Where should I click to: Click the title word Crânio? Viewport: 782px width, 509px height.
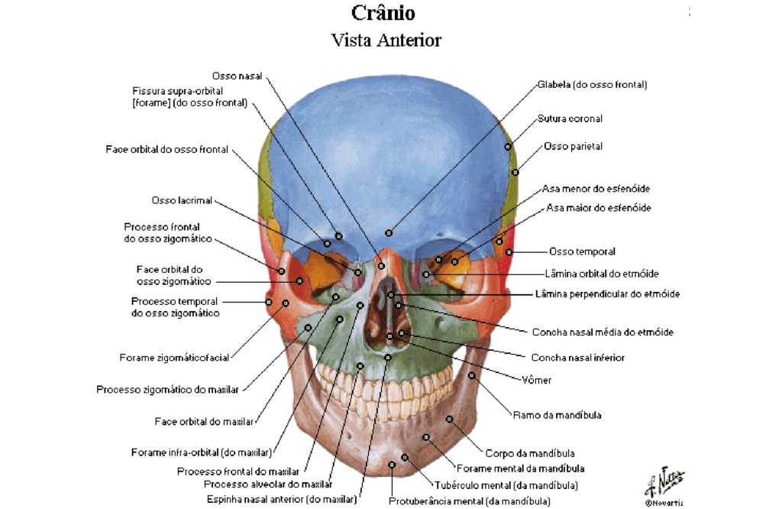coord(383,13)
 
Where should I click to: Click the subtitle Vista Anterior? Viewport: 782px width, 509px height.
coord(386,41)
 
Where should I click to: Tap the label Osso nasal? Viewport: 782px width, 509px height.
coord(238,76)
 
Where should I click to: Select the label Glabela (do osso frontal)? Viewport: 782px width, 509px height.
coord(592,85)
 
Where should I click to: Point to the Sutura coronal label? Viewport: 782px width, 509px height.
coord(570,118)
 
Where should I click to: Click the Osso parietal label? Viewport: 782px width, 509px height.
coord(573,147)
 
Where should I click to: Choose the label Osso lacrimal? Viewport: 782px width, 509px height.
coord(182,200)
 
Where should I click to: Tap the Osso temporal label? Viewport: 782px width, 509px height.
coord(582,251)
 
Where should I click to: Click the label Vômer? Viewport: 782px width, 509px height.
coord(537,381)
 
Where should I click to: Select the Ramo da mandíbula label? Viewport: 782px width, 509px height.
coord(557,415)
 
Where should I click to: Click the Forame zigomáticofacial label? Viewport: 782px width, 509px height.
coord(175,358)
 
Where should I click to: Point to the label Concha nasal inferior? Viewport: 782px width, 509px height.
coord(577,358)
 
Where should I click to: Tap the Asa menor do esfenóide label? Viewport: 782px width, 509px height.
coord(596,189)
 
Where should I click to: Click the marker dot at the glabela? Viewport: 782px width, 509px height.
coord(389,233)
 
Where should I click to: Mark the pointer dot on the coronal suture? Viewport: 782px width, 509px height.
coord(508,147)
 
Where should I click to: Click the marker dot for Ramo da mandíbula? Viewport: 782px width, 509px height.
coord(472,375)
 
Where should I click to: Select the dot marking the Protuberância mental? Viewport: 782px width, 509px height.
coord(392,465)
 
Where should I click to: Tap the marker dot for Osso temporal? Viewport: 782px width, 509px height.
coord(509,252)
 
